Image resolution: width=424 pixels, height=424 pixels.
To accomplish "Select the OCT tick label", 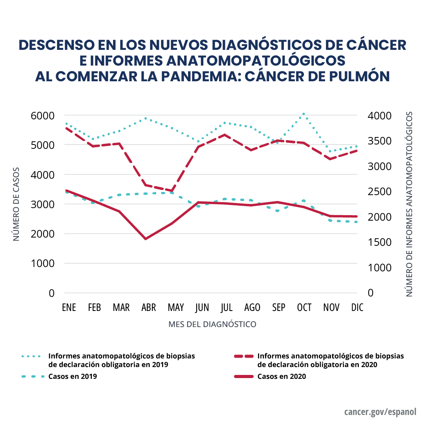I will coord(304,307).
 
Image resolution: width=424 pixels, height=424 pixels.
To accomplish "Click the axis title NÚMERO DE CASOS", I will coord(16,205).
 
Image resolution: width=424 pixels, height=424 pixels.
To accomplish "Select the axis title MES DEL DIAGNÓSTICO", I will coord(212,324).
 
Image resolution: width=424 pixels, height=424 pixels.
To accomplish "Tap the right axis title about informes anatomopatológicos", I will coord(409,204).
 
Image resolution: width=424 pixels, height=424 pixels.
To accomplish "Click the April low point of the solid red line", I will coord(146,239).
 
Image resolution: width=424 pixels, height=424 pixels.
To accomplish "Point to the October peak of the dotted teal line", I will coord(303,114).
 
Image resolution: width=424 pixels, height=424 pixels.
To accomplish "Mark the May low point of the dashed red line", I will coord(172,191).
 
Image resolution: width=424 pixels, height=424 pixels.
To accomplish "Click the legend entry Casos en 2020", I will coord(281,376).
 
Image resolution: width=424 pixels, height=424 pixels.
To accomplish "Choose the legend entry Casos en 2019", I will coord(73,376).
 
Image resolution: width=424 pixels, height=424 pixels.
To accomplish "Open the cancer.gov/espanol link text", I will coord(380,412).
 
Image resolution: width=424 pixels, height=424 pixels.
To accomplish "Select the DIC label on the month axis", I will coord(357,307).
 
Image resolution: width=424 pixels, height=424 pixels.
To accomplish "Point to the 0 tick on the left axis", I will coord(51,293).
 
